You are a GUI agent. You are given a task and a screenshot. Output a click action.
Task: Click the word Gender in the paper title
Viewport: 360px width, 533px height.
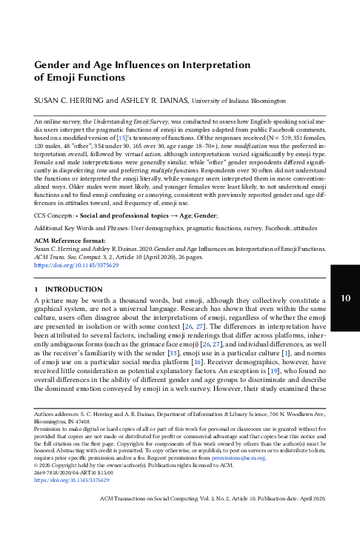[56, 65]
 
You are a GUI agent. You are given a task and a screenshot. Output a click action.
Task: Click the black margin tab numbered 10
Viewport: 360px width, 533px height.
[344, 319]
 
